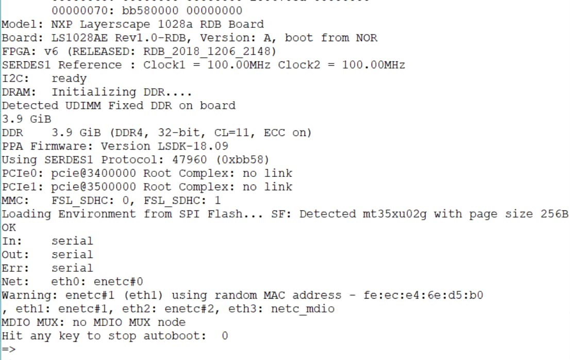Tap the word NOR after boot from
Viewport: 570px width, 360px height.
click(366, 38)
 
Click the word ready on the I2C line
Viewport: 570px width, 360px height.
click(69, 78)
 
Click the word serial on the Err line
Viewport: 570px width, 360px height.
click(73, 268)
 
